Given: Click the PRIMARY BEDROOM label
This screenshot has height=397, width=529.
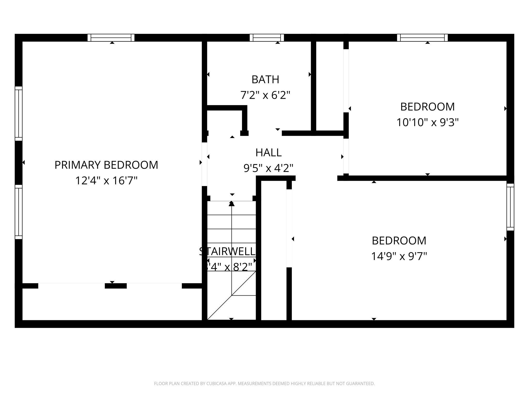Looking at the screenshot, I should tap(106, 165).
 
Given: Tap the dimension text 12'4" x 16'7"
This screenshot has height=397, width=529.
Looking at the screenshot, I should tap(106, 181).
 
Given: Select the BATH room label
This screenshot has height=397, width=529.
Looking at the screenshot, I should tap(265, 80).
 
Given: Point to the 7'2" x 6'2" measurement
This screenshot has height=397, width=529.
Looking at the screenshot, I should tap(265, 95).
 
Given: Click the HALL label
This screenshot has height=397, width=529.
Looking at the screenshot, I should tap(268, 153).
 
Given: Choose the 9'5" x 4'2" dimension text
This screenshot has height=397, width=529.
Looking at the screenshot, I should tap(268, 169).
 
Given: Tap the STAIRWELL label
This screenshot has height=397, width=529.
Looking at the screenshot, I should tap(227, 251).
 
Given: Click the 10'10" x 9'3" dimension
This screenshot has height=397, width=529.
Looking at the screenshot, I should tap(427, 122).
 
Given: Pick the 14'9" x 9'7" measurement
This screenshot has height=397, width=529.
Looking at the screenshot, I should tap(399, 256).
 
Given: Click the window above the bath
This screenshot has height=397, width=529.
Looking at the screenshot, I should tap(267, 38).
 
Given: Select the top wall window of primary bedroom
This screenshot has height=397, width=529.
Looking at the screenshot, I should tap(111, 38).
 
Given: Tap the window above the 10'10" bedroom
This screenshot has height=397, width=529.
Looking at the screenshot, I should tap(422, 38).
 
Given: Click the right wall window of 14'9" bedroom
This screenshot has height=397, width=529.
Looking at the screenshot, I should tap(510, 207).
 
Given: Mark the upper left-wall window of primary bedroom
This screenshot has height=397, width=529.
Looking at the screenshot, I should tap(19, 113).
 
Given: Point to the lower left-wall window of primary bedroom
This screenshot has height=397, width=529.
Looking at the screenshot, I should tap(19, 212).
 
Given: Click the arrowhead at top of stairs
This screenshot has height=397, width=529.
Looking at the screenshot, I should tap(232, 204).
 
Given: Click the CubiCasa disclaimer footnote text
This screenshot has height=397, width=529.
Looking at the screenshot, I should tap(264, 384).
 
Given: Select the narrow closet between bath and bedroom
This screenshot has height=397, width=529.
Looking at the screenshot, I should tap(330, 85).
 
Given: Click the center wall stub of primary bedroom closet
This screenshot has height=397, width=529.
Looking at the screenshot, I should tap(116, 286).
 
